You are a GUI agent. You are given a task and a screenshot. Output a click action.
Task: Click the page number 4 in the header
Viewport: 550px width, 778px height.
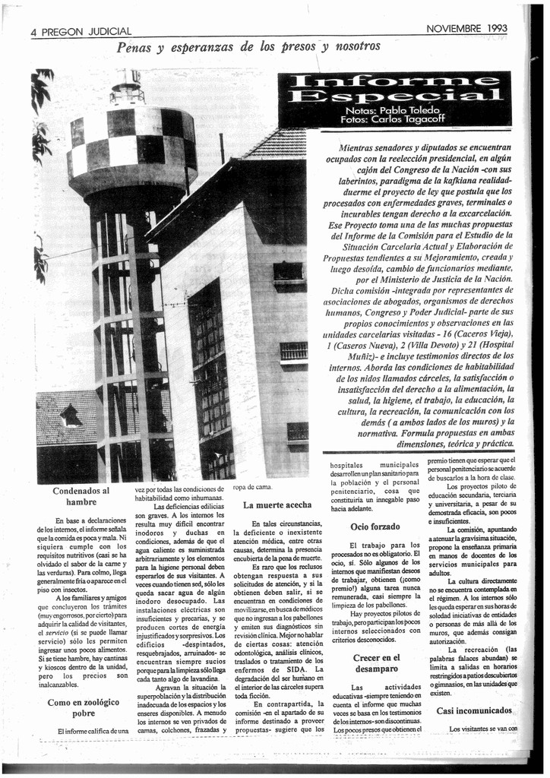point(34,33)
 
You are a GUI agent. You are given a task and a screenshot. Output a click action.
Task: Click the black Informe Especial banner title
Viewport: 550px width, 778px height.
point(394,88)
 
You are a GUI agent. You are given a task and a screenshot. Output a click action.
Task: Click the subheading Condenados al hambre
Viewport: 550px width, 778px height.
point(81,496)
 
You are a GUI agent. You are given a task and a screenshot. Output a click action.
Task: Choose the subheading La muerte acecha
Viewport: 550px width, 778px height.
point(277,504)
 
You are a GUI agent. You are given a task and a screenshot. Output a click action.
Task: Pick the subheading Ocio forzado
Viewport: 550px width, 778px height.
point(375,527)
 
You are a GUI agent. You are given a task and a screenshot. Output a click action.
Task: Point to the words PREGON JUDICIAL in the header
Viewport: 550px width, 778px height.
point(87,33)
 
